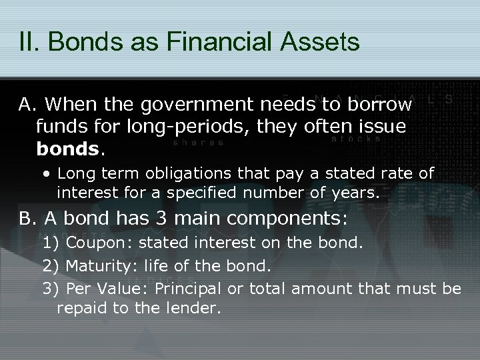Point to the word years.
coord(357,194)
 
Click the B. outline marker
coord(29,219)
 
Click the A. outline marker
coord(29,105)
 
